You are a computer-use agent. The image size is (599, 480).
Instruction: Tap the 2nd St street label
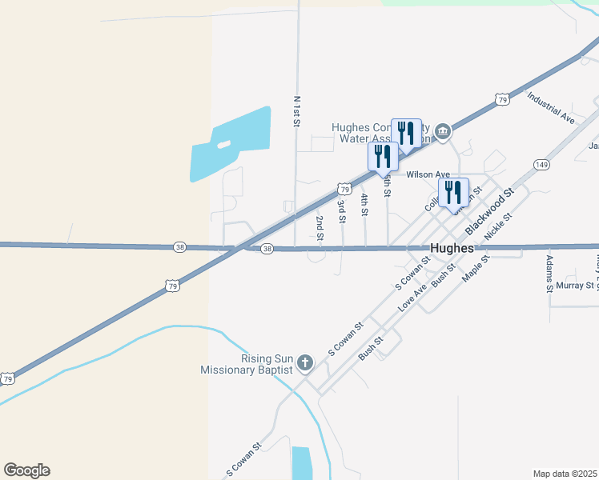point(320,228)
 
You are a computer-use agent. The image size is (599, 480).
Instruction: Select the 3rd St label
point(341,211)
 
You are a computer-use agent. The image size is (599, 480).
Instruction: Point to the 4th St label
point(364,205)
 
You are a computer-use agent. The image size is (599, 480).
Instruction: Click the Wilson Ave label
point(428,174)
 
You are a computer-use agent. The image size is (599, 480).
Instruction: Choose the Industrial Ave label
point(551,107)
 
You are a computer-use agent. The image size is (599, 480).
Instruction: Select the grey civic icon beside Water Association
point(442,130)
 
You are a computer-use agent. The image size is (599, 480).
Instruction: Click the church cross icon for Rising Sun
point(304,364)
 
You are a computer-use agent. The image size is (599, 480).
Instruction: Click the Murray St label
point(576,285)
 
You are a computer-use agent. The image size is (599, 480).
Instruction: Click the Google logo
point(26,470)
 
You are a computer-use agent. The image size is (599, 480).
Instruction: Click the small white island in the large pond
point(223,145)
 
